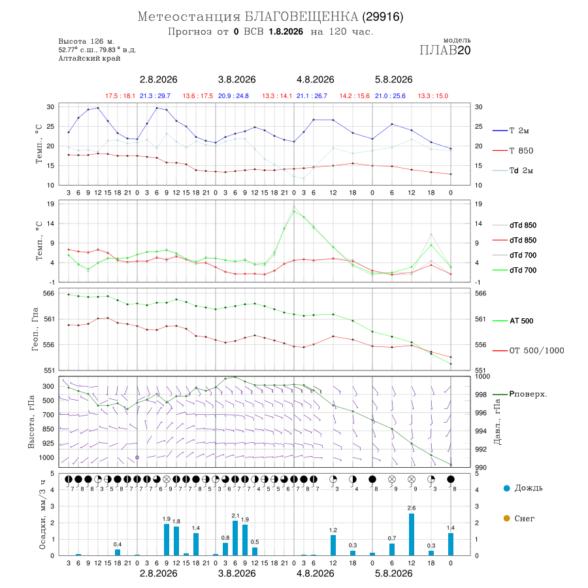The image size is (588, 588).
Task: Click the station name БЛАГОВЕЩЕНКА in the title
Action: click(301, 17)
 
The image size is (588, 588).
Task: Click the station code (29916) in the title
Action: click(382, 17)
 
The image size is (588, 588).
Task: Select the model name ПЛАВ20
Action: click(445, 50)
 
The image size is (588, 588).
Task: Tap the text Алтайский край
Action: click(90, 58)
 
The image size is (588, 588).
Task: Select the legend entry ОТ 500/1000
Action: click(528, 351)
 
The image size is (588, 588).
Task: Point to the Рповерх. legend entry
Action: click(519, 394)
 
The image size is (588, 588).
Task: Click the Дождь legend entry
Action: click(523, 488)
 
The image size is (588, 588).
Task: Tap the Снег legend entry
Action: click(519, 518)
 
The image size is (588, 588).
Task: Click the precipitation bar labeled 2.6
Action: click(412, 534)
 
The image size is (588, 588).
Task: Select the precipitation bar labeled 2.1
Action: click(235, 538)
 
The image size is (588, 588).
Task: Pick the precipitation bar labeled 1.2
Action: click(333, 546)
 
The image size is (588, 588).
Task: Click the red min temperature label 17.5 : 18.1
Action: click(120, 96)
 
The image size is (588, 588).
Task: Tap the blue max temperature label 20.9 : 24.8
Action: click(233, 96)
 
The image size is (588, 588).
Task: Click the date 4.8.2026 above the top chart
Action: click(315, 80)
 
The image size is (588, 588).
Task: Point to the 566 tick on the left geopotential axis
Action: click(49, 293)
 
